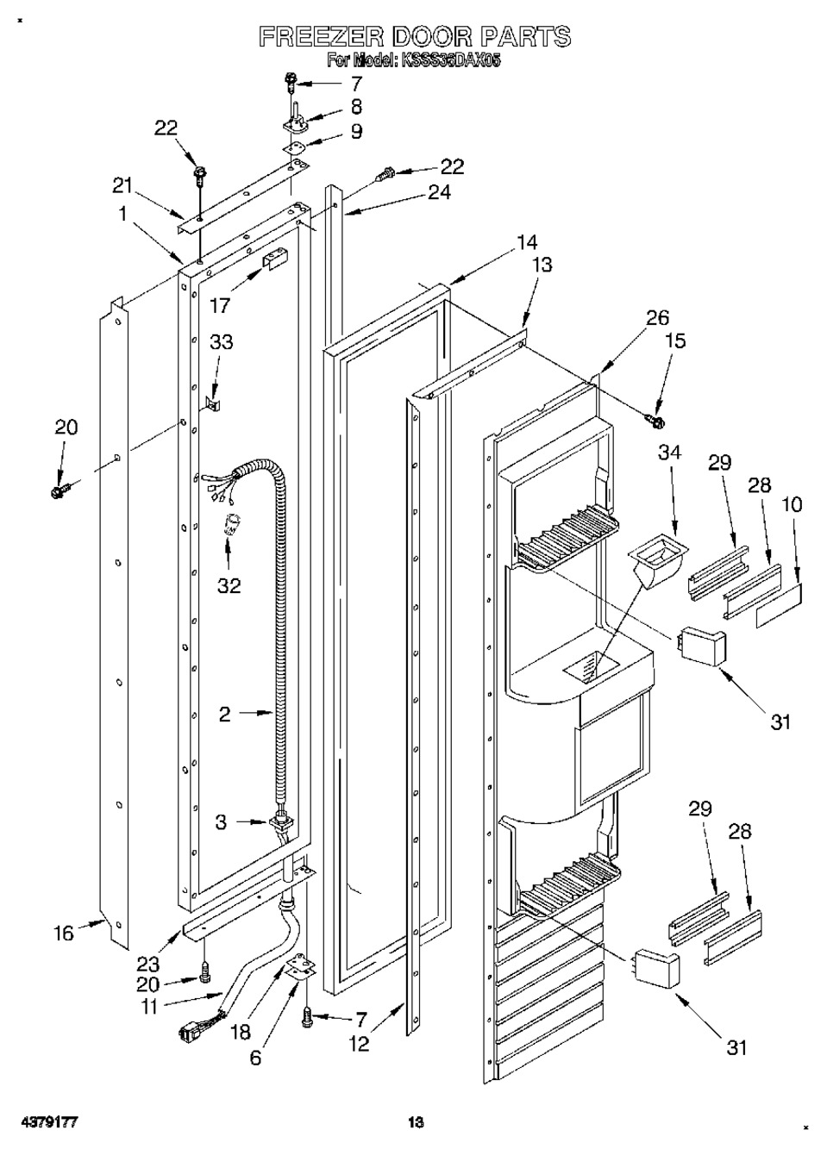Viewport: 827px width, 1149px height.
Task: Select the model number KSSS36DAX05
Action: [x=452, y=62]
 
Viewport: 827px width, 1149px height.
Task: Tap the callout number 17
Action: [x=221, y=305]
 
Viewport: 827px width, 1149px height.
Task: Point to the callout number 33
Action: [x=221, y=341]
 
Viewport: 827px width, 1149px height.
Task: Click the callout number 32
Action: [x=229, y=584]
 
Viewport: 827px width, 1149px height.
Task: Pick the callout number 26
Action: [x=657, y=318]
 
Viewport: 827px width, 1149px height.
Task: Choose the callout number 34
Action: [x=669, y=453]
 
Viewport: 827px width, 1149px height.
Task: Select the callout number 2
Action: [x=225, y=714]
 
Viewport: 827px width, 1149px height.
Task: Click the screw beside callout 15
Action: [x=655, y=422]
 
